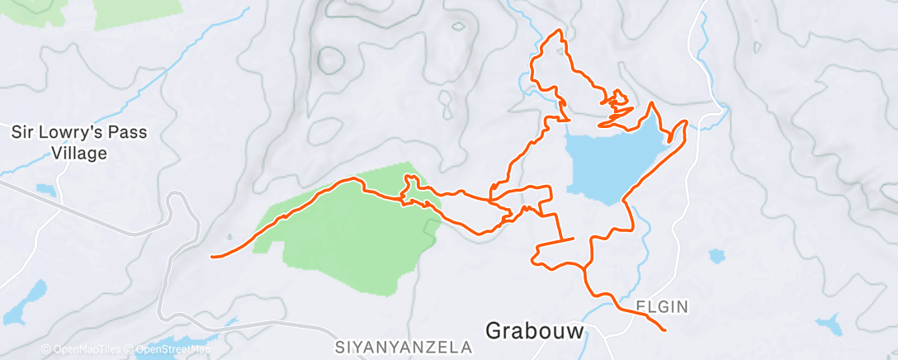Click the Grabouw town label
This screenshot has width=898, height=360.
(534, 330)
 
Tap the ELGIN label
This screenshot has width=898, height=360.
(662, 307)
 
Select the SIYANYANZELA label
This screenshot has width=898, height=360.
(404, 347)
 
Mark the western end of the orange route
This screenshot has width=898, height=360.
(213, 257)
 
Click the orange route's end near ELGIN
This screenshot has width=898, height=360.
(664, 330)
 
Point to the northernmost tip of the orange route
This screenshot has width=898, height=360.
(560, 31)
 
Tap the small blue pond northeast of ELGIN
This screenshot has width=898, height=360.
(716, 256)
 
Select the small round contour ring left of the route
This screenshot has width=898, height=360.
(332, 59)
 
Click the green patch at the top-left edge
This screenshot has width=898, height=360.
(136, 12)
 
